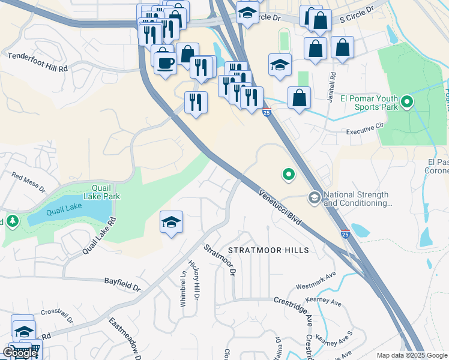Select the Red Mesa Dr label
point(28,182)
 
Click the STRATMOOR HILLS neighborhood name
point(268,250)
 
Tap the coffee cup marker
point(164,62)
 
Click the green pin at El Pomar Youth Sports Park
point(408,102)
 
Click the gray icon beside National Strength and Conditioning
point(314,197)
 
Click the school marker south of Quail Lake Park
point(171,223)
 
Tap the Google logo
point(20,352)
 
